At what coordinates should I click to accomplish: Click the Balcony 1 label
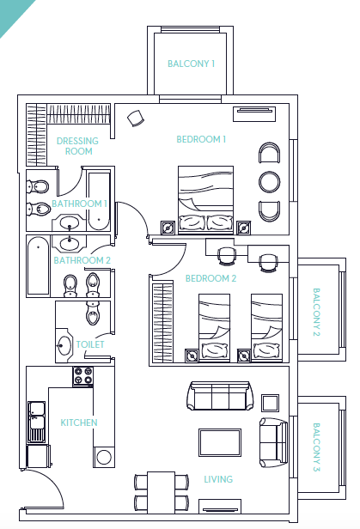tap(191, 64)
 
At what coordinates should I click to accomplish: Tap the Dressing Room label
tap(77, 146)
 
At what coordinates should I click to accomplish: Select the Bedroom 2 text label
tap(211, 278)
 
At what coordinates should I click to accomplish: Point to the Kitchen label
tap(79, 423)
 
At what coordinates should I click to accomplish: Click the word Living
tap(218, 479)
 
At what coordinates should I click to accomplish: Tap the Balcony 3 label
tap(316, 447)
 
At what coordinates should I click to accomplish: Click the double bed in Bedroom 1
tap(205, 200)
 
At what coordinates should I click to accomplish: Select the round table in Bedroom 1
tap(269, 182)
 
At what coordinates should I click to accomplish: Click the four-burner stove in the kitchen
tap(83, 376)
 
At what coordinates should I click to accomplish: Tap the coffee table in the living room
tap(220, 442)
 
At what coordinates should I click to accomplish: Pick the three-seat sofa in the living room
tap(221, 396)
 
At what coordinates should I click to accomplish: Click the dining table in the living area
tap(162, 492)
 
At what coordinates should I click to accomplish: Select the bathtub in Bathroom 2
tap(39, 265)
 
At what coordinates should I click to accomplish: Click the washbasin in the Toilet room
tap(64, 345)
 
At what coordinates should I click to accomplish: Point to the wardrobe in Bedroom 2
tap(162, 323)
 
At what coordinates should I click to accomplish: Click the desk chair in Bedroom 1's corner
tap(135, 119)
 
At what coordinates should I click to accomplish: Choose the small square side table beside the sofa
tap(271, 403)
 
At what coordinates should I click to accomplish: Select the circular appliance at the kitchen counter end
tap(104, 457)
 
